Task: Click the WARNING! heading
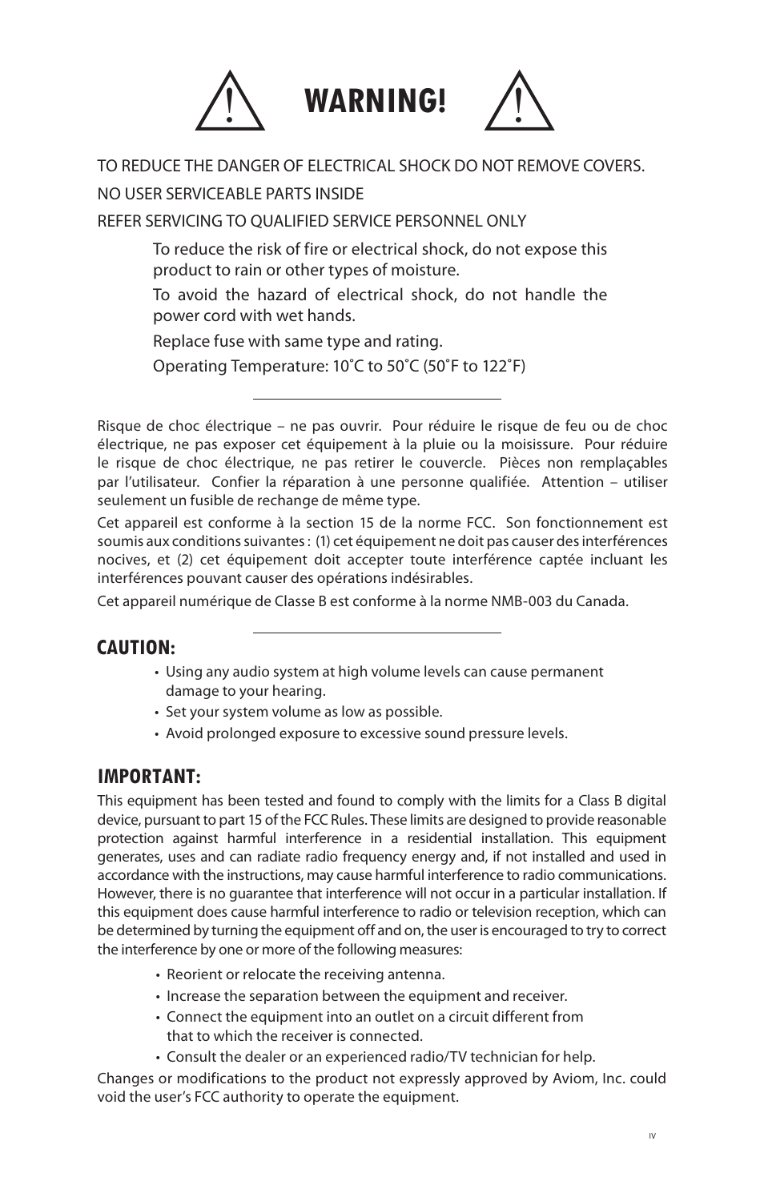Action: (376, 102)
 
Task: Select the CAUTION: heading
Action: (136, 646)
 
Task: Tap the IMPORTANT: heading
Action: (149, 776)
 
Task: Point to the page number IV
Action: (652, 1135)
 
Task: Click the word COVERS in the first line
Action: (615, 166)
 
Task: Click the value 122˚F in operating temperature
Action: (503, 366)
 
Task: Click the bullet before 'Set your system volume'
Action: (158, 712)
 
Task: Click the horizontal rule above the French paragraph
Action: (376, 398)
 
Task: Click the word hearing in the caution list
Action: (302, 690)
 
